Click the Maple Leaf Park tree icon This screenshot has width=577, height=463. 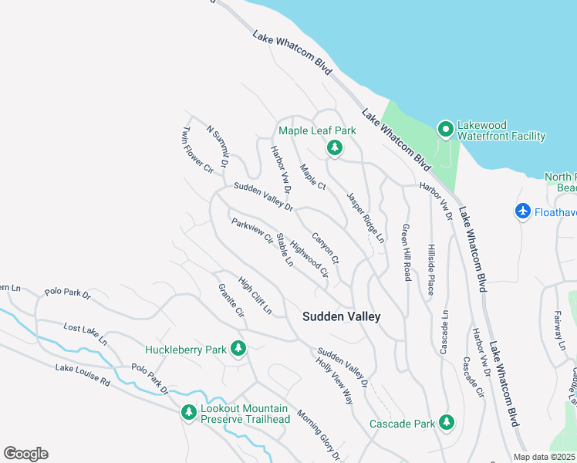[334, 147]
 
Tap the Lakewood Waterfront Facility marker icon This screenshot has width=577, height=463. [444, 128]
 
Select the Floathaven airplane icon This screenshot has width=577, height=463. [522, 211]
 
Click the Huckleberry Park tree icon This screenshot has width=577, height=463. [238, 350]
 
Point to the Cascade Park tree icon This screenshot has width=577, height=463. [446, 421]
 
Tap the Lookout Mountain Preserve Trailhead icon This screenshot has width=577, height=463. [188, 413]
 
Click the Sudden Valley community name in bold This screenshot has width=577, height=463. [341, 316]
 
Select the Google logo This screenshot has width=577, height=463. [25, 453]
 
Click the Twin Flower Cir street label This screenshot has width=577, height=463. [197, 150]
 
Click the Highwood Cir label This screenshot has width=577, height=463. [309, 257]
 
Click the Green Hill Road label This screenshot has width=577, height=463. [405, 252]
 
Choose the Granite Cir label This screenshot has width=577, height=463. [231, 302]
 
